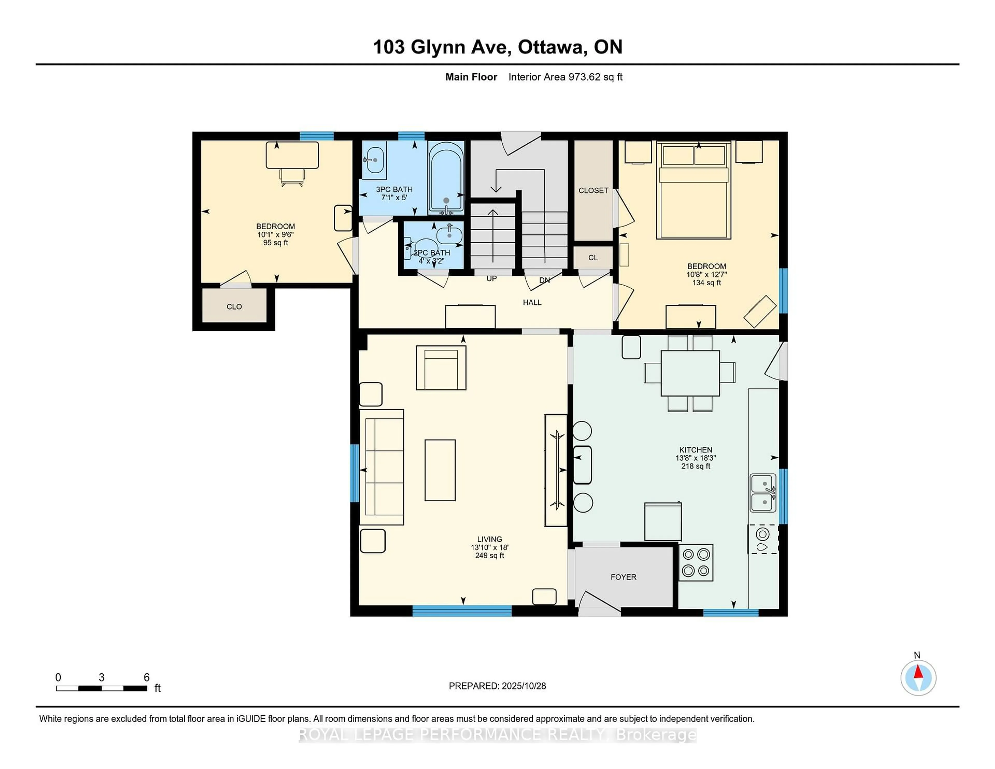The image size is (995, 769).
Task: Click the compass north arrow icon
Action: coord(918,678)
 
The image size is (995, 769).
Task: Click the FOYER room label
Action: coord(623,577)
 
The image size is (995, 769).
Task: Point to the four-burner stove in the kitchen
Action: coord(696,562)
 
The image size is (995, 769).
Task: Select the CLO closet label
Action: coord(234,307)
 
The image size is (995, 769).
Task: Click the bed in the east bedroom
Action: coord(693,191)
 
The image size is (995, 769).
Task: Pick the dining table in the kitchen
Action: coord(690,373)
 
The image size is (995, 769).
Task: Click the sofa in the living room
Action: coord(382,467)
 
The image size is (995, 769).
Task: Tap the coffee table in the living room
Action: coord(440,470)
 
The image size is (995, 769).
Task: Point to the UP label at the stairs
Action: coord(492,278)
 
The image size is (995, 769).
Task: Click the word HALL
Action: coord(532,302)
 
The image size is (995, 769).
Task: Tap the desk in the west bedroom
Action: coord(292,155)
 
